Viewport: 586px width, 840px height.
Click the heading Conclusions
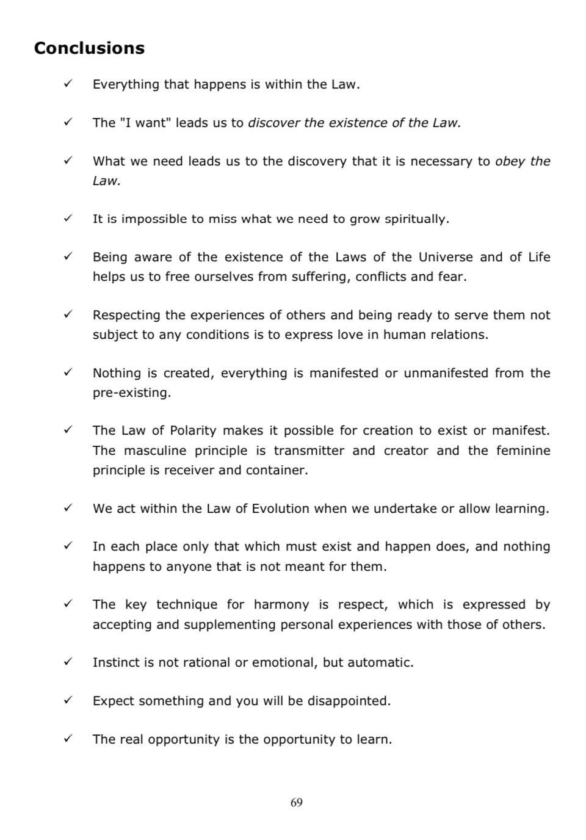click(89, 48)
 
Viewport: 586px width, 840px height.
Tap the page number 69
click(296, 802)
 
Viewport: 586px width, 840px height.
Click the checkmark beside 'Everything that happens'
click(68, 84)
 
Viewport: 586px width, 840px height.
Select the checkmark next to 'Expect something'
click(68, 700)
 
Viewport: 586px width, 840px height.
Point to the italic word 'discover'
click(273, 123)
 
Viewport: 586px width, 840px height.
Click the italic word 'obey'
click(510, 161)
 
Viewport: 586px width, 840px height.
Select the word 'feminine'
click(523, 451)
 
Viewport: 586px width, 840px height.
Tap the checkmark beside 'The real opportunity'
click(68, 739)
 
